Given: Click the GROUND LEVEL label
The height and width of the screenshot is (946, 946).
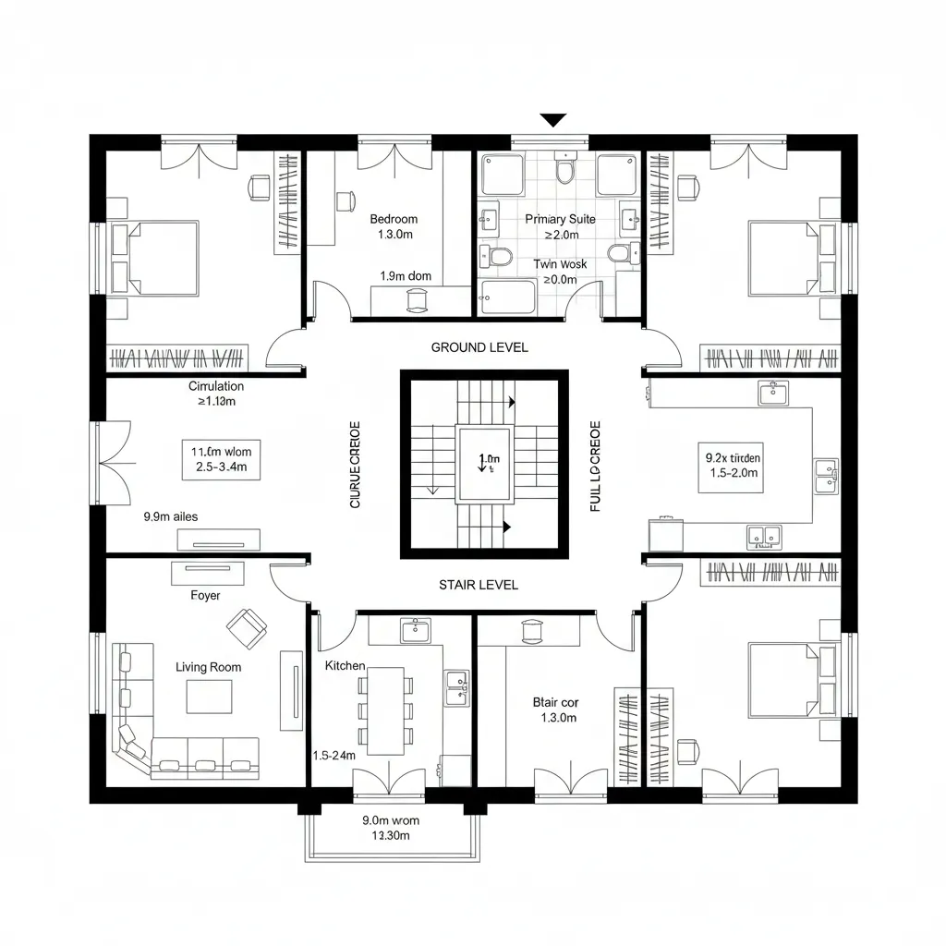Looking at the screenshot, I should (x=479, y=347).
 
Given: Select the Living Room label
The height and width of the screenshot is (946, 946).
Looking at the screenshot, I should (x=208, y=667).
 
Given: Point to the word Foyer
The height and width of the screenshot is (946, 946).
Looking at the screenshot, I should (x=205, y=596).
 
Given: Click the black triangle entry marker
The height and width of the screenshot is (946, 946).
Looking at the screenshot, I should (x=552, y=120).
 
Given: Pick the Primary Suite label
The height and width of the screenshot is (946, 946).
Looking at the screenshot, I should (x=560, y=219).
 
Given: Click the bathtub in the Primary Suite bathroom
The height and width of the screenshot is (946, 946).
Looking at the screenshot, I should (x=507, y=297).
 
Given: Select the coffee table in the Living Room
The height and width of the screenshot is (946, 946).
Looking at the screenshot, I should (x=210, y=697).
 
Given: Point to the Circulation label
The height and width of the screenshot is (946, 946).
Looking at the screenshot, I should (x=216, y=386).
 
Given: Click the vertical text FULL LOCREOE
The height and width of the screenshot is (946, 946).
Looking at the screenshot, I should (x=595, y=466).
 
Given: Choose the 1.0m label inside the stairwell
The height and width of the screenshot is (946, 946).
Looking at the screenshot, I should (x=486, y=459).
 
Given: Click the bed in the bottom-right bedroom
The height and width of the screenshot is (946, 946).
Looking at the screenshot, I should (x=793, y=680).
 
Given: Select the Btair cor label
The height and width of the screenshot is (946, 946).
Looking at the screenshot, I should (x=556, y=702).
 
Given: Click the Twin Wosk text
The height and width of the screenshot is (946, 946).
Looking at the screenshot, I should (x=560, y=264).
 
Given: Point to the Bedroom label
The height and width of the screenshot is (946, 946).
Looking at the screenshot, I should (x=394, y=219).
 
